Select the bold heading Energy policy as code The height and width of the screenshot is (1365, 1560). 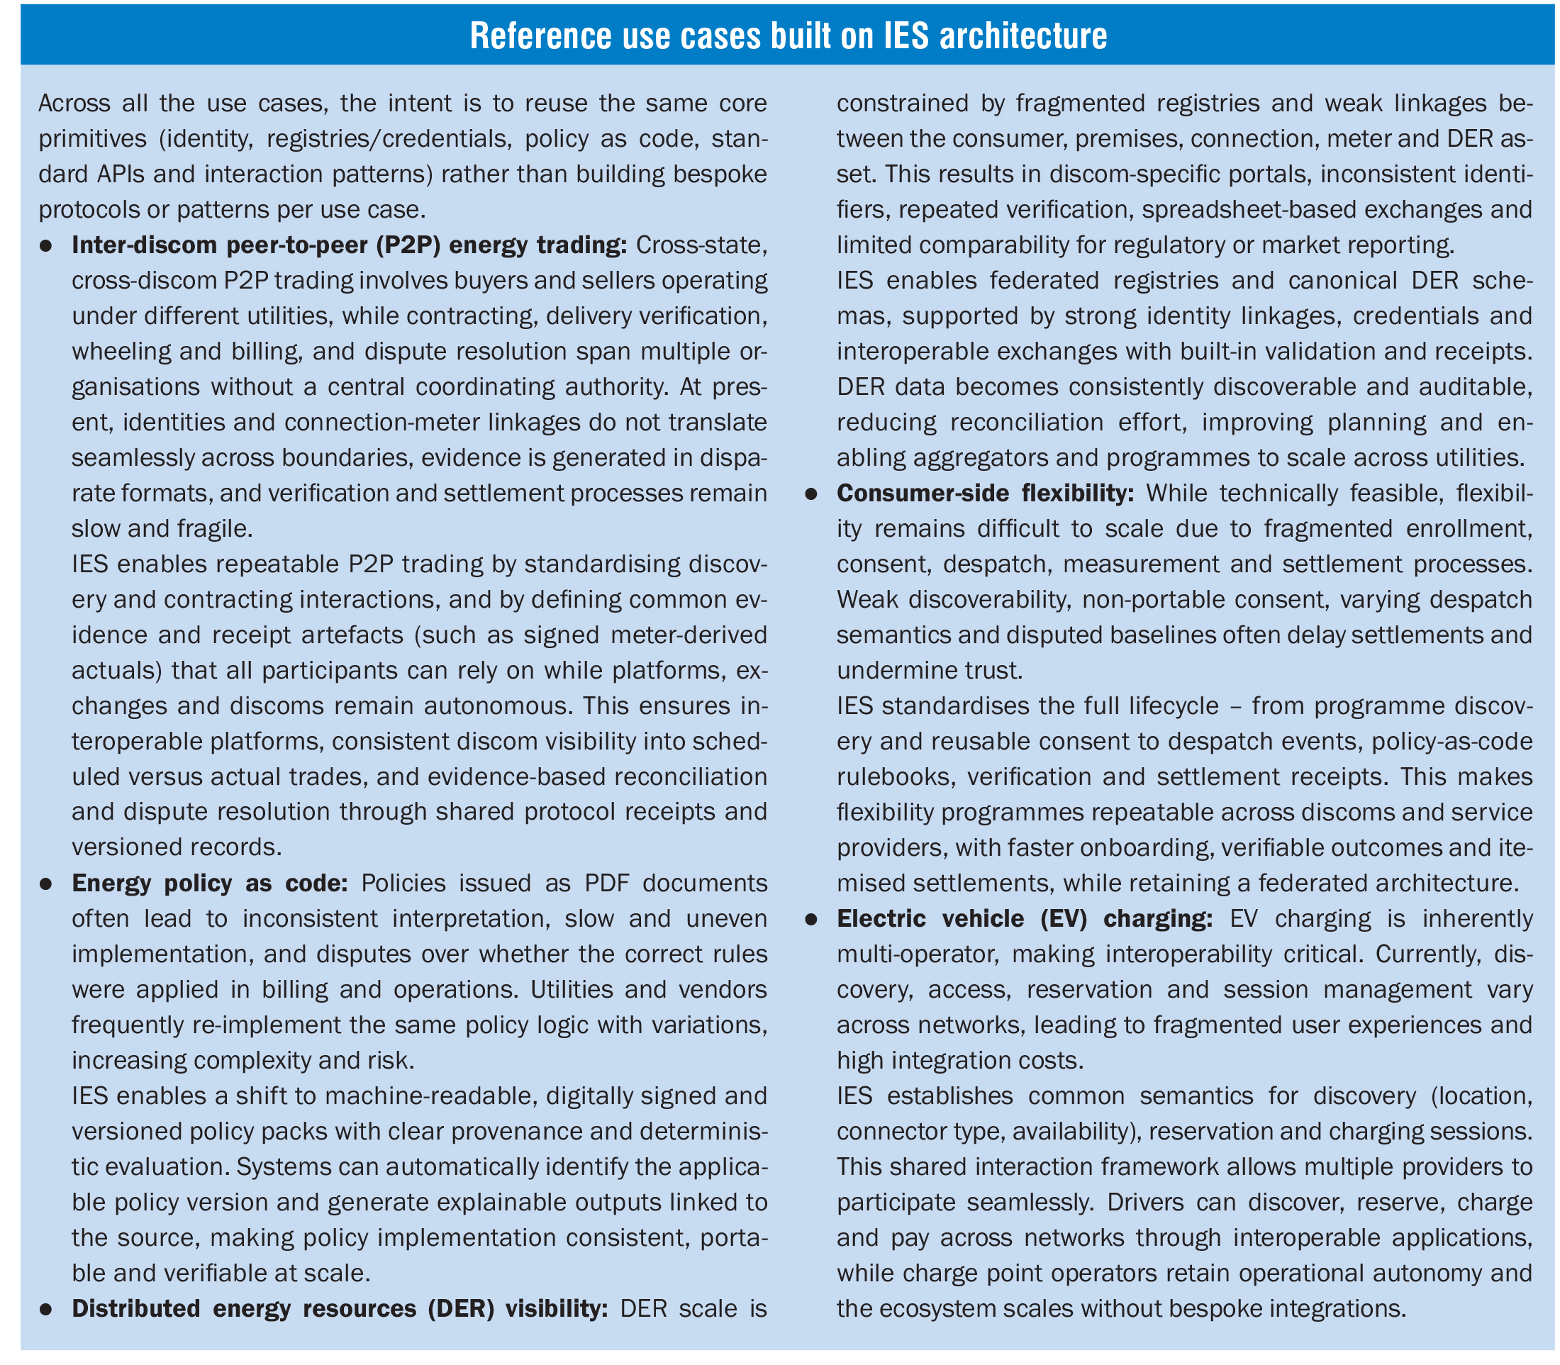click(x=209, y=883)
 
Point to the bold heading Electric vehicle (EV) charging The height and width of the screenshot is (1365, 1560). click(x=1025, y=919)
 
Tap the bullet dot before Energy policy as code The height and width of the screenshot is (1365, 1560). click(x=45, y=884)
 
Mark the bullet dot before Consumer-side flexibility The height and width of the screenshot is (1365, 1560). click(x=811, y=494)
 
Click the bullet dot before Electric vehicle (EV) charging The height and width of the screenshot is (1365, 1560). click(x=811, y=920)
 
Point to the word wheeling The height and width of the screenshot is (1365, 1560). click(x=125, y=351)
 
